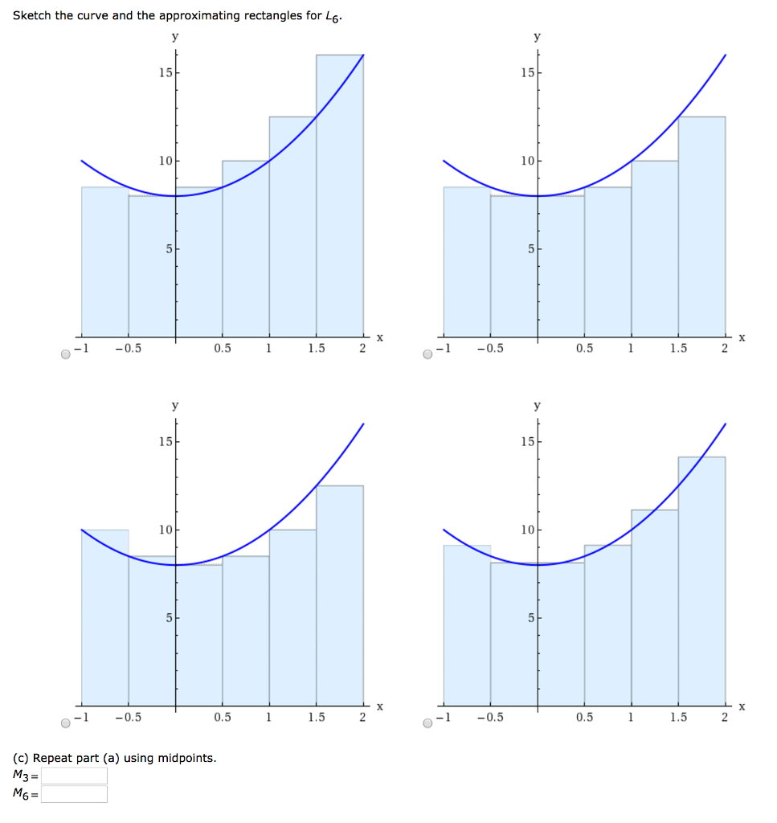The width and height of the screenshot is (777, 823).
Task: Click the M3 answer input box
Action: [75, 776]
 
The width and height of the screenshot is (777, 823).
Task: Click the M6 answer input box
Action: [75, 794]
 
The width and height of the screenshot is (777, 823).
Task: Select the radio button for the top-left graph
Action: [67, 354]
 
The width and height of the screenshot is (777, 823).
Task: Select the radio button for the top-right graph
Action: [429, 354]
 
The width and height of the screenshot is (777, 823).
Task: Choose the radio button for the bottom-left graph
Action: [67, 723]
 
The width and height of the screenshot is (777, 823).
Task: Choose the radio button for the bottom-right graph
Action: [429, 723]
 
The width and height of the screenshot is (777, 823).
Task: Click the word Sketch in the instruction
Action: [32, 16]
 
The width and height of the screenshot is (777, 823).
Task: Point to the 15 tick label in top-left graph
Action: [165, 73]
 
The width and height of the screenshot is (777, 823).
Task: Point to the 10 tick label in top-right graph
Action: [526, 161]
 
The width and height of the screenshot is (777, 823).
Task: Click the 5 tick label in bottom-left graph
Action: [169, 618]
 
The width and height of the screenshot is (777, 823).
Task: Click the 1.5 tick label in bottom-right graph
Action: [678, 718]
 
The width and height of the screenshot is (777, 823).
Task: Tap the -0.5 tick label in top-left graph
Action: [128, 349]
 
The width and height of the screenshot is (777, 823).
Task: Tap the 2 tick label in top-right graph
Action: [724, 349]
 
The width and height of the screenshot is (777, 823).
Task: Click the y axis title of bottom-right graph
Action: [538, 407]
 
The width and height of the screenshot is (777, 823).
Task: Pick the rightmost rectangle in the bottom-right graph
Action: [701, 579]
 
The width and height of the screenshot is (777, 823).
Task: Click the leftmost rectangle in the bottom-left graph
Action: [105, 619]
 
